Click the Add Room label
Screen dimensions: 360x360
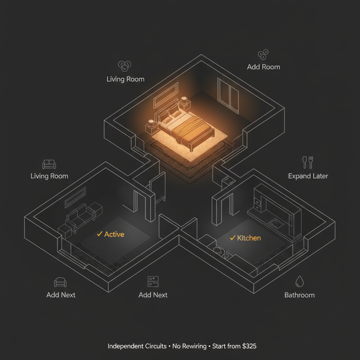click(x=263, y=67)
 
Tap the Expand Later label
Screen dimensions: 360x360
click(x=308, y=176)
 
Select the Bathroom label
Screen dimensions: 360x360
click(x=300, y=295)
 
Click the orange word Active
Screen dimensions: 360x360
click(x=114, y=234)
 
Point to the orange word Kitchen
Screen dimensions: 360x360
click(x=249, y=238)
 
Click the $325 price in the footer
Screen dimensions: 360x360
click(x=249, y=346)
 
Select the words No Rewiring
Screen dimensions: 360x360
click(x=189, y=346)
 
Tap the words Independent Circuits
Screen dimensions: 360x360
click(x=137, y=346)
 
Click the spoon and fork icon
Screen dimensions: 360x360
click(x=308, y=162)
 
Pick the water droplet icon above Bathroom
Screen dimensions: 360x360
click(x=300, y=281)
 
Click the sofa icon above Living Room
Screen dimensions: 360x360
click(x=49, y=165)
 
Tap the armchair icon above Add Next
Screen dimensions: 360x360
click(x=60, y=282)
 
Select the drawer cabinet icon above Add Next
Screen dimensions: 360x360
click(x=153, y=282)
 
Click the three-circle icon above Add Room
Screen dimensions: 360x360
click(x=263, y=54)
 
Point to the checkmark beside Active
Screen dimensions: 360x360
click(x=99, y=234)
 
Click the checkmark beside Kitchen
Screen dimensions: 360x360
click(x=233, y=238)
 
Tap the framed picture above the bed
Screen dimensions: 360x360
click(x=166, y=95)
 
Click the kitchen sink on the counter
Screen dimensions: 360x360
click(x=276, y=224)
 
